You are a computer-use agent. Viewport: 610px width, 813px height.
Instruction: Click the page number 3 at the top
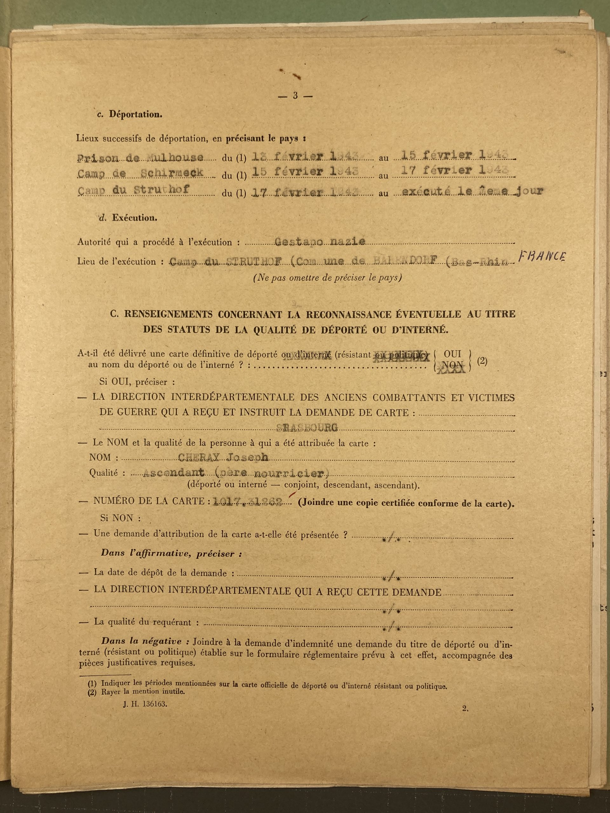point(295,96)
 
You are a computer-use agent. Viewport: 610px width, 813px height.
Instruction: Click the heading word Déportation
point(135,114)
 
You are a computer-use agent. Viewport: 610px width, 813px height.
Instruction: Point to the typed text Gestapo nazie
point(320,241)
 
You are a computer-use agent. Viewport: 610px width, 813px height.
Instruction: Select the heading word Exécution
point(135,218)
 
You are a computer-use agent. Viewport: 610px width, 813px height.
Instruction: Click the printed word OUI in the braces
point(452,354)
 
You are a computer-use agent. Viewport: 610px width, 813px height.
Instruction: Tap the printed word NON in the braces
point(452,365)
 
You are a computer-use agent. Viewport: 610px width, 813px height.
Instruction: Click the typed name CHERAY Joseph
point(223,457)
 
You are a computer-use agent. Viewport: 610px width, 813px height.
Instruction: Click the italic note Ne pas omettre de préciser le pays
point(327,278)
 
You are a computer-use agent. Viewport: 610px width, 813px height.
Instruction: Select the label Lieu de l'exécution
point(117,262)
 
